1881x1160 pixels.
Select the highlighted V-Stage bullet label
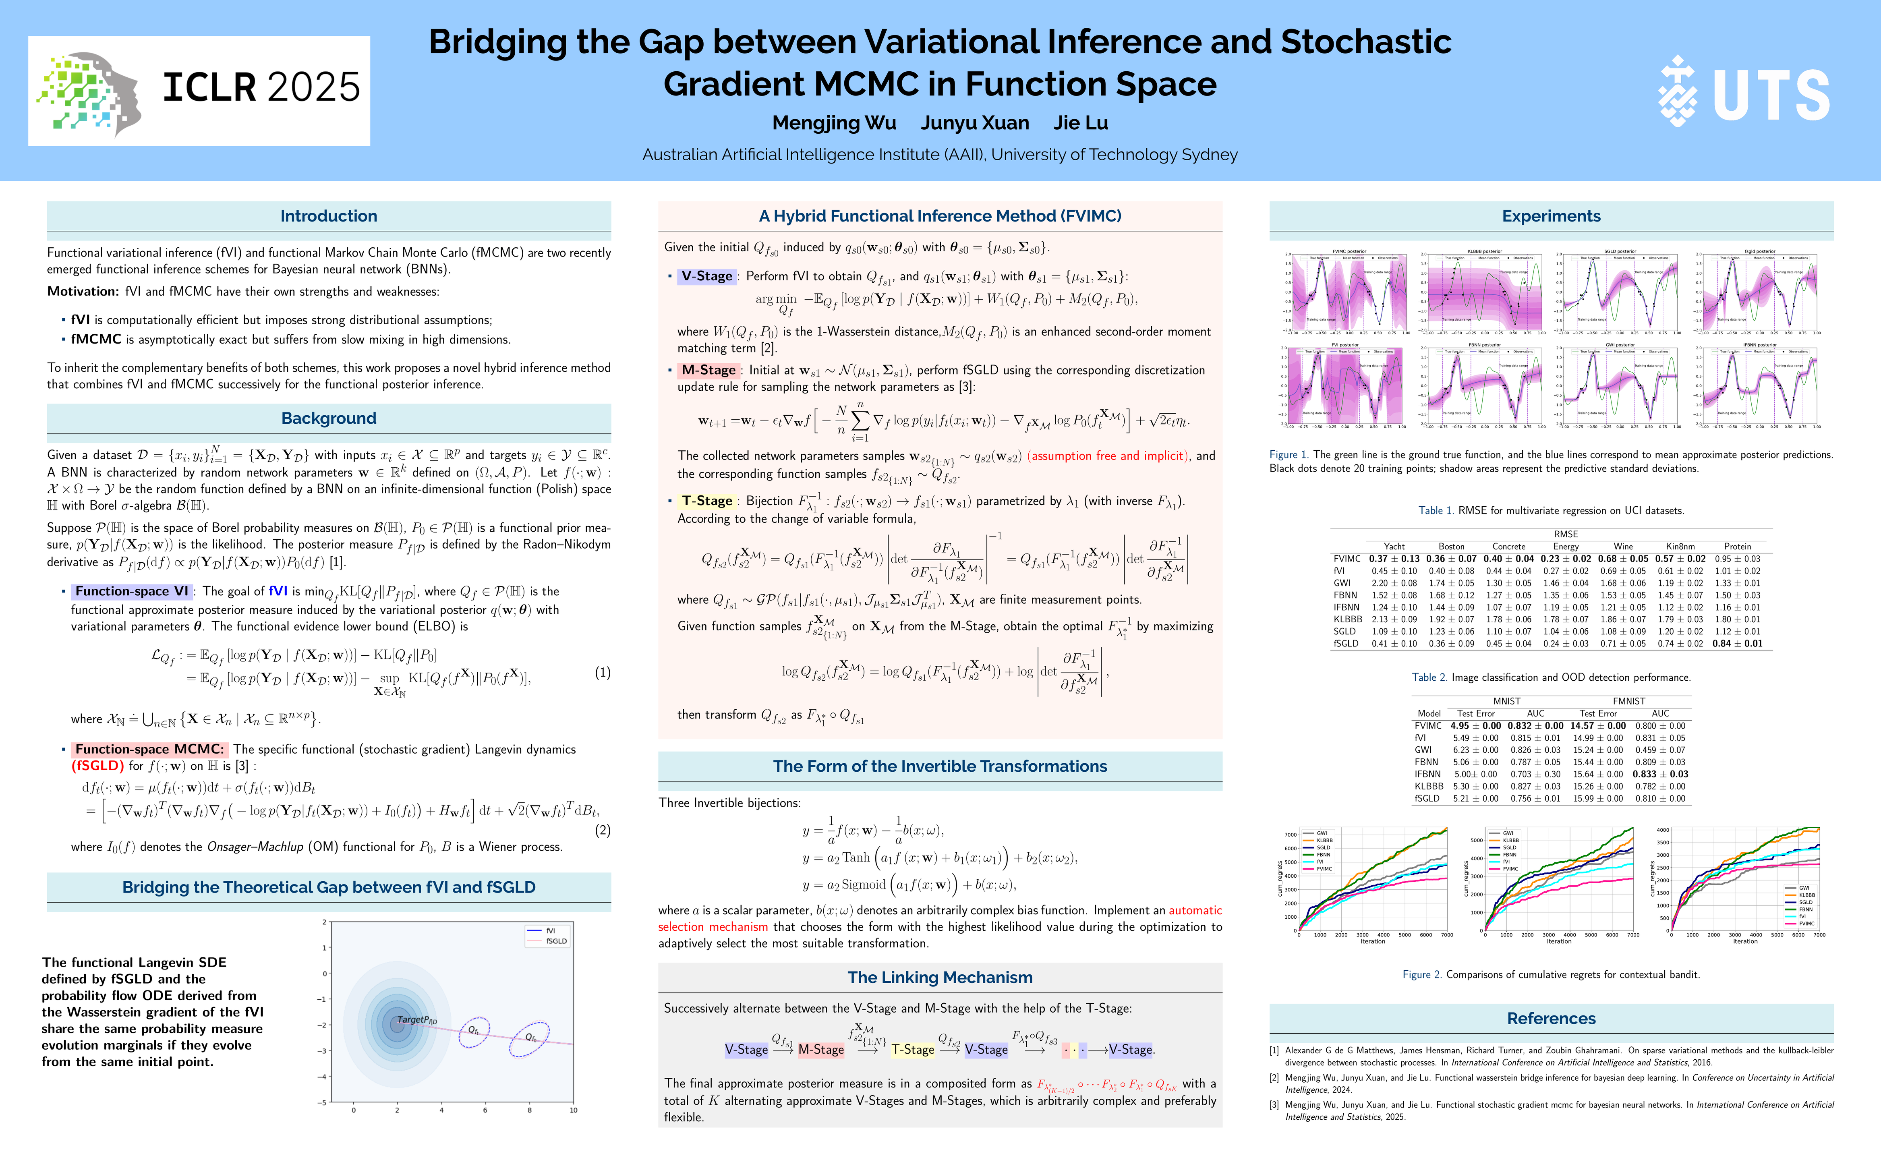click(706, 276)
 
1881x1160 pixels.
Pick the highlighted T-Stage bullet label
click(706, 501)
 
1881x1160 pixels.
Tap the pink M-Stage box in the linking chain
click(821, 1050)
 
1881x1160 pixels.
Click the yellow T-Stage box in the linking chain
click(912, 1050)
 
